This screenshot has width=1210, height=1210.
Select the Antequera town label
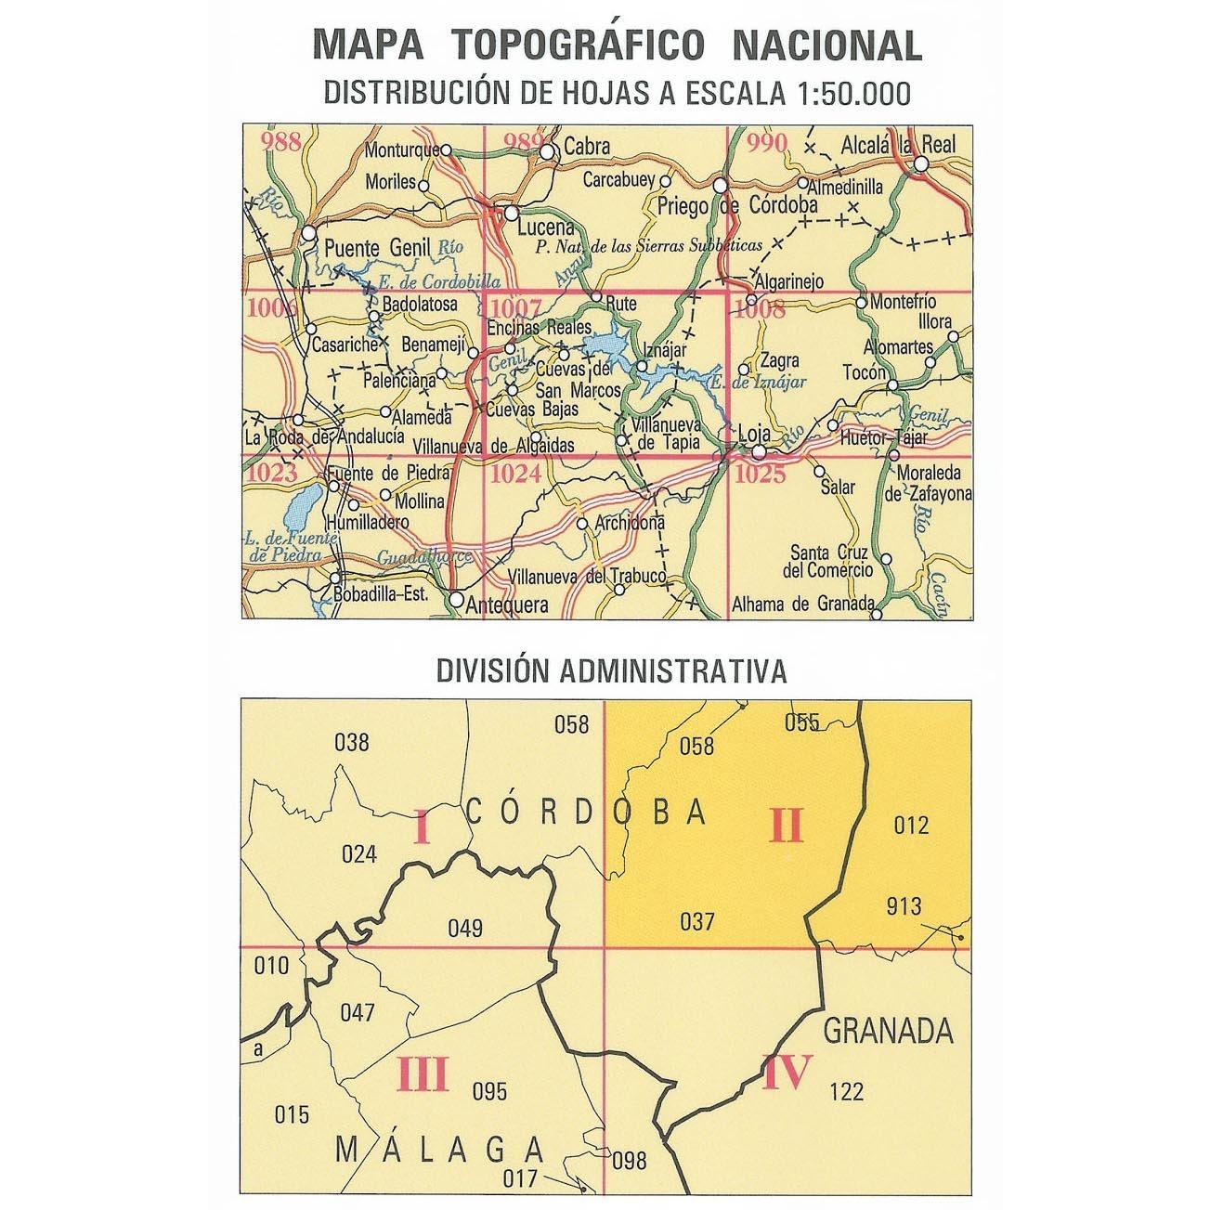coord(506,605)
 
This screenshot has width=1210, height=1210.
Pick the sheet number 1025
coord(760,475)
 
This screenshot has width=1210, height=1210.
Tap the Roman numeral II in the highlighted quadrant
coord(785,825)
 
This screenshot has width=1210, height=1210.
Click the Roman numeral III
coord(423,1075)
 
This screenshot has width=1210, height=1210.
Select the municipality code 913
coord(903,906)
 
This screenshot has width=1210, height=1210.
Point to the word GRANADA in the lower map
coord(889,1030)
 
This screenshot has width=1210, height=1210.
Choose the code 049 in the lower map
coord(464,927)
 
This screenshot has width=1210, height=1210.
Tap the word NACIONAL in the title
coord(826,46)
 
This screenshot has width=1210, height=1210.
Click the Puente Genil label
coord(366,248)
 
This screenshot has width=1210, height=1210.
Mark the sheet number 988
coord(282,142)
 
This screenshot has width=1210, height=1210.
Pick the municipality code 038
coord(351,742)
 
